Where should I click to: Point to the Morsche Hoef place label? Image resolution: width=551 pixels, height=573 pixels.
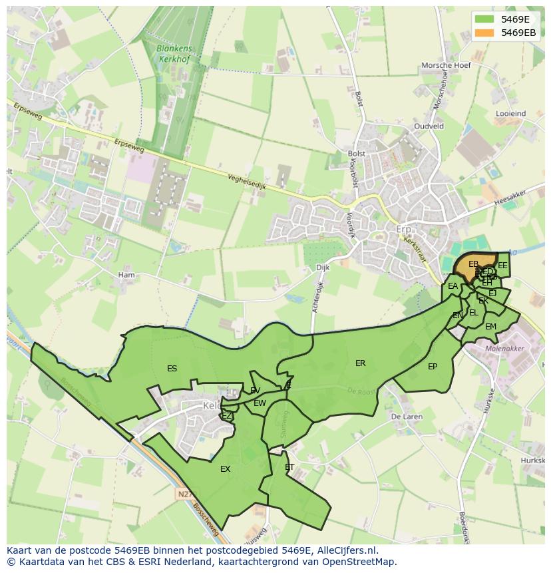(x=446, y=66)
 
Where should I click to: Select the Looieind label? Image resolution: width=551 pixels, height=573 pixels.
(x=510, y=114)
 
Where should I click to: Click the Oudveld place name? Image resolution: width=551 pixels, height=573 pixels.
(x=429, y=126)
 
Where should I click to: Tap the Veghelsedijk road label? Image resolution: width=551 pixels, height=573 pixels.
(x=246, y=182)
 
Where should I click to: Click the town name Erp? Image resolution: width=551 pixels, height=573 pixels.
(x=404, y=229)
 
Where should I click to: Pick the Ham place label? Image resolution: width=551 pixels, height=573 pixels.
(x=126, y=275)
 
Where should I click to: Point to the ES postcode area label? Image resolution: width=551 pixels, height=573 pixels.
(x=172, y=369)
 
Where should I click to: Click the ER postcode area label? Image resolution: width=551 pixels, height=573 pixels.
(x=360, y=363)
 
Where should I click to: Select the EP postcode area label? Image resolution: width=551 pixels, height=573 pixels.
(x=433, y=367)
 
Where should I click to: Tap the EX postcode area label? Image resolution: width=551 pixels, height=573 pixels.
(x=225, y=469)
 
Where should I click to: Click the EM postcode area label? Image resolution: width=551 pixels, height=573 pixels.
(x=490, y=327)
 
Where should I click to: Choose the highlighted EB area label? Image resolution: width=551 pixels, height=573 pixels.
(x=473, y=264)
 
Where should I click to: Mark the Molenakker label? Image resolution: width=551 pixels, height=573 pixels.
(x=505, y=348)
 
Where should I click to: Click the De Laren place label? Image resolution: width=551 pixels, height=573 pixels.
(x=407, y=417)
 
